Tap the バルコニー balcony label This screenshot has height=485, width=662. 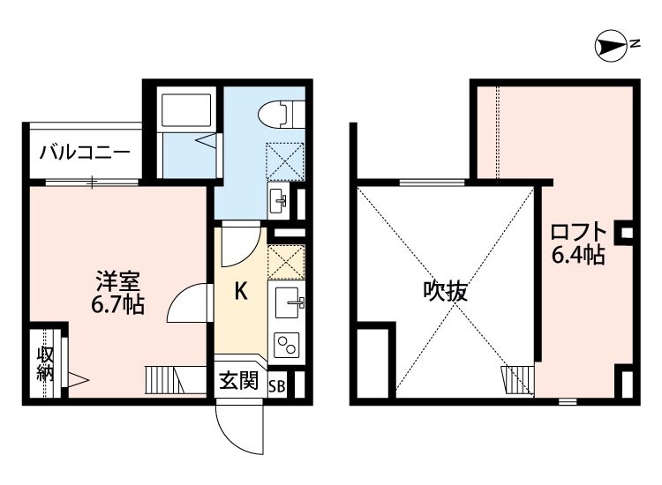[x=85, y=153]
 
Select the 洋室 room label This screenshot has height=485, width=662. [x=118, y=283]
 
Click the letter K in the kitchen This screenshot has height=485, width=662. [x=240, y=292]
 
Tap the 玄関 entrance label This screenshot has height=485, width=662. [x=238, y=382]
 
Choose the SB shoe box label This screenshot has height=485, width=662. [x=277, y=384]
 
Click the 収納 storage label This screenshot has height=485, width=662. [x=45, y=364]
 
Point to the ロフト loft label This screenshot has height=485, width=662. [x=579, y=233]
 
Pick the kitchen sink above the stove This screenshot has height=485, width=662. [x=288, y=303]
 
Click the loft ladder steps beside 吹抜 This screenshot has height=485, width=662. [x=516, y=379]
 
